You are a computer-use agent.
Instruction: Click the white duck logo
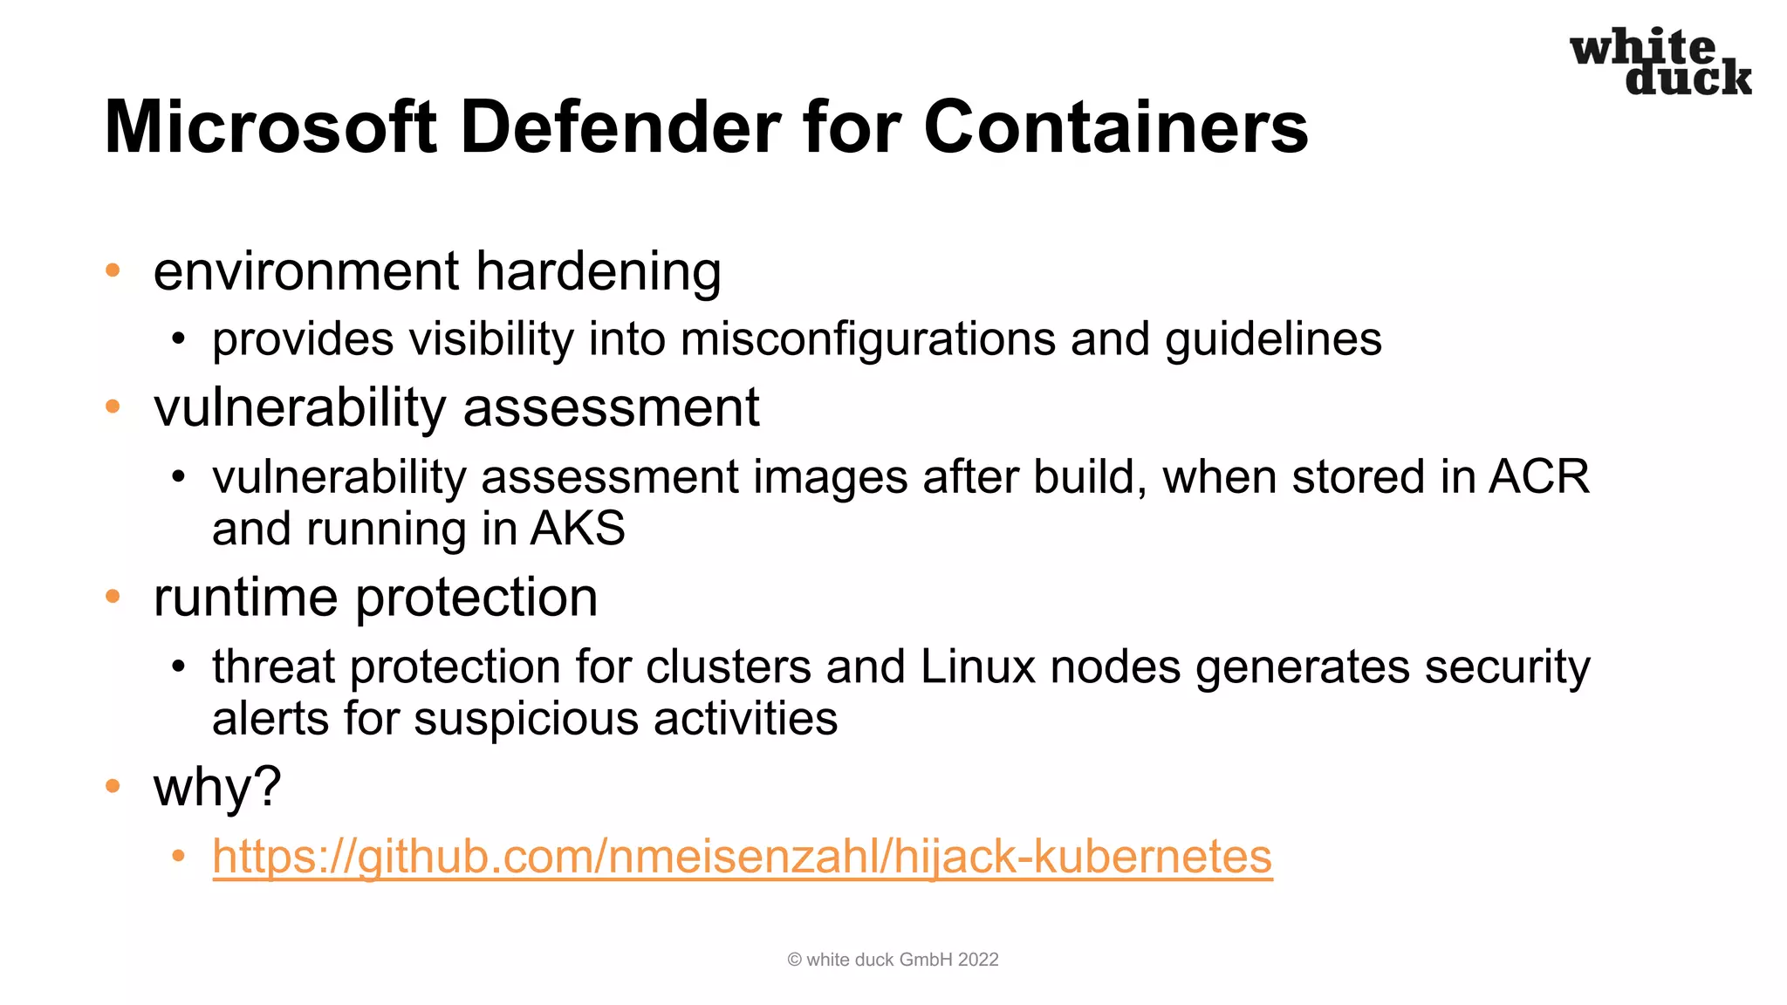(1660, 61)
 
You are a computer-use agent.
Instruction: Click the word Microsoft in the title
(270, 127)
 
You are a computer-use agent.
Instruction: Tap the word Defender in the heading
(620, 127)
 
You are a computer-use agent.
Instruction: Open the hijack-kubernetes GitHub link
(742, 857)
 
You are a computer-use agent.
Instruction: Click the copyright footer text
(893, 960)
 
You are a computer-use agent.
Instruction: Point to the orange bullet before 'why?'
(113, 786)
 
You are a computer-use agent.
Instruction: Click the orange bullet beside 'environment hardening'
(113, 270)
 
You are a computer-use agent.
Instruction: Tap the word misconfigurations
(868, 339)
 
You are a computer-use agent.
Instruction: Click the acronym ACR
(1539, 477)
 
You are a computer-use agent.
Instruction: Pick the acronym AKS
(578, 529)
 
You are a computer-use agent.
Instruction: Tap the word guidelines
(1273, 339)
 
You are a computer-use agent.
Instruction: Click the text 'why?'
(217, 787)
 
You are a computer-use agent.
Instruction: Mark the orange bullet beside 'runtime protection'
(113, 597)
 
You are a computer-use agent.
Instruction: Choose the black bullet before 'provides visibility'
(179, 339)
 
